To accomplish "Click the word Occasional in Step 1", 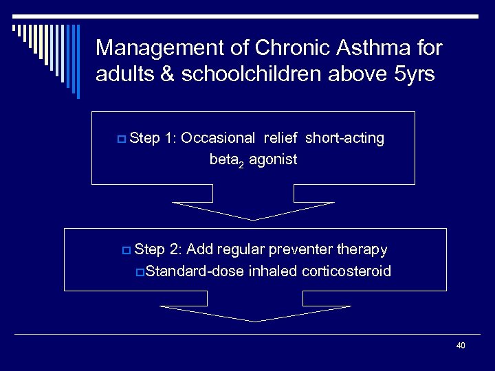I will [x=217, y=138].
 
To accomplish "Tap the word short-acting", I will [x=344, y=138].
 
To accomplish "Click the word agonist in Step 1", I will [x=273, y=159].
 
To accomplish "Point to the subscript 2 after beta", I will [x=242, y=163].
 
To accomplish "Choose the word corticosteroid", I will [x=346, y=271].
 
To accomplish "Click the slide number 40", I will [x=460, y=346].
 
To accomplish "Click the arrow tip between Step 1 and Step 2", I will [x=254, y=218].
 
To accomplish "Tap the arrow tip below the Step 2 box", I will [x=254, y=320].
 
